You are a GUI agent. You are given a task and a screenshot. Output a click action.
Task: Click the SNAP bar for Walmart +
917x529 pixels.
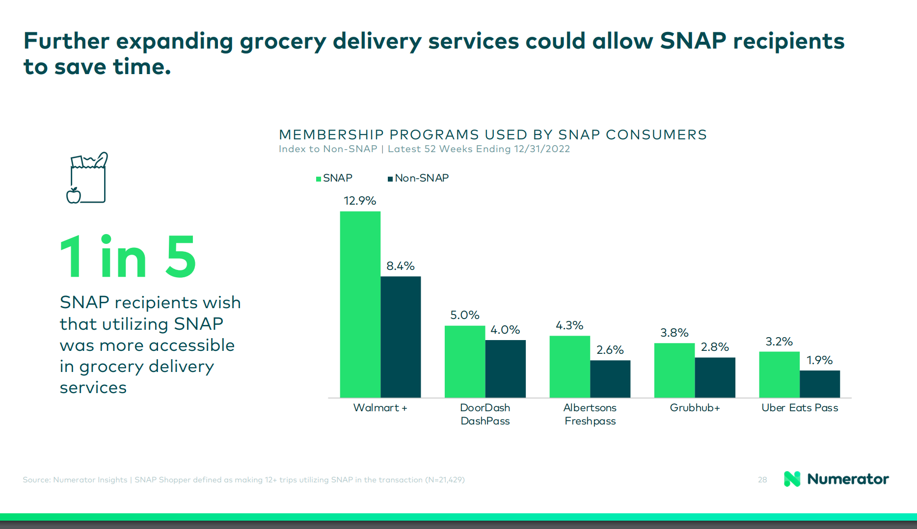pyautogui.click(x=360, y=304)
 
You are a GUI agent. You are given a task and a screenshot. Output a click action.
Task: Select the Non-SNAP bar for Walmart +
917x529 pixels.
pyautogui.click(x=401, y=337)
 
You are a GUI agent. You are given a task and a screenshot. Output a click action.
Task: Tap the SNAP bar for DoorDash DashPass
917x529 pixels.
pyautogui.click(x=465, y=362)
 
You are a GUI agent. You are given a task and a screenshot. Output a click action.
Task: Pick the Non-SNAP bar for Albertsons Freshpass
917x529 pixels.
pyautogui.click(x=610, y=379)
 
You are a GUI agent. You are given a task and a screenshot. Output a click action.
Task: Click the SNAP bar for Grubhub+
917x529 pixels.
pyautogui.click(x=674, y=370)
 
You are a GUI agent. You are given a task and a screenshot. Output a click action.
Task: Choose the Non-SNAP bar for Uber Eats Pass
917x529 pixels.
pyautogui.click(x=820, y=384)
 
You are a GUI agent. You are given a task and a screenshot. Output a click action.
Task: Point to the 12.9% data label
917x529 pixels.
pyautogui.click(x=360, y=201)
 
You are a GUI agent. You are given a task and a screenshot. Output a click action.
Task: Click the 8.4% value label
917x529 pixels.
pyautogui.click(x=401, y=266)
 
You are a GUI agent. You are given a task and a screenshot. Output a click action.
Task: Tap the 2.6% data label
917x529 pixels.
pyautogui.click(x=610, y=350)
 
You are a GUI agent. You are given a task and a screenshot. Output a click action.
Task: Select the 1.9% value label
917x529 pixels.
pyautogui.click(x=820, y=360)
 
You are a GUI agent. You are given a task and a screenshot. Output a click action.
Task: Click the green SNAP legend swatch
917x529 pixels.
pyautogui.click(x=319, y=179)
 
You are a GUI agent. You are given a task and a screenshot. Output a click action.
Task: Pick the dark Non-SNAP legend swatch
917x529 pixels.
pyautogui.click(x=390, y=179)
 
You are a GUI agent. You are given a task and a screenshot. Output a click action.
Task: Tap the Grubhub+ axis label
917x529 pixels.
pyautogui.click(x=695, y=408)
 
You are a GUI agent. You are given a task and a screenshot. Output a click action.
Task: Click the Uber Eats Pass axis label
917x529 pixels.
pyautogui.click(x=800, y=408)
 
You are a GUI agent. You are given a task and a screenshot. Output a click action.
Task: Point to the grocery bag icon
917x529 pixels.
pyautogui.click(x=87, y=178)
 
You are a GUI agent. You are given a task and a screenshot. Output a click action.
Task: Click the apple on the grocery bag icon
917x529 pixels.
pyautogui.click(x=74, y=195)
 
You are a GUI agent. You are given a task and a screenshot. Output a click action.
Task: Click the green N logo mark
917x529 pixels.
pyautogui.click(x=792, y=479)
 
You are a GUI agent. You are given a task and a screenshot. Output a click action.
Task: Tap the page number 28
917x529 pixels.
pyautogui.click(x=762, y=480)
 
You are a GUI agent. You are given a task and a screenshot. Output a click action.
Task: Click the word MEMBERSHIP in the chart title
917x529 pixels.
pyautogui.click(x=330, y=134)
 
